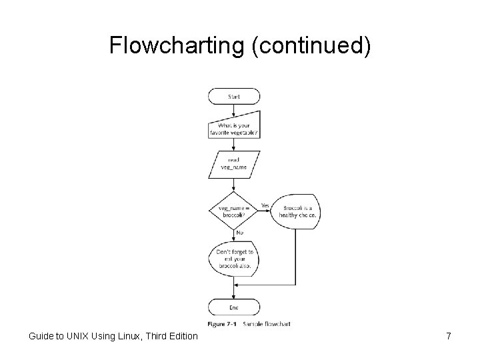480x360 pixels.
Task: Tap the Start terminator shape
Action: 234,97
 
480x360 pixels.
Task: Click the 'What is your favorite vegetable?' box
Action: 234,128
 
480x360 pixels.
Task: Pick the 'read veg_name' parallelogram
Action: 234,163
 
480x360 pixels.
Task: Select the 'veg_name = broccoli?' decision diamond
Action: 233,211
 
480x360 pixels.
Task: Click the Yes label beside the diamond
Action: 265,205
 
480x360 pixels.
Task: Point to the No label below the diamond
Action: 239,232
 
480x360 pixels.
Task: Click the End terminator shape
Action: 234,307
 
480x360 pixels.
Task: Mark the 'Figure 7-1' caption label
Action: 223,323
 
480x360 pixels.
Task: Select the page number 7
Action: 448,337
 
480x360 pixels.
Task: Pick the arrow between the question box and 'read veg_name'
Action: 234,145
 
